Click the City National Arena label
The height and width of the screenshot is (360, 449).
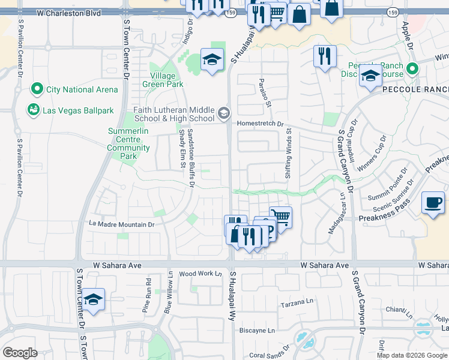pyautogui.click(x=78, y=90)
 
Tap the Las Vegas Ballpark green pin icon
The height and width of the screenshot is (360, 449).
pyautogui.click(x=33, y=110)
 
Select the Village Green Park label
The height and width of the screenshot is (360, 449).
pyautogui.click(x=163, y=80)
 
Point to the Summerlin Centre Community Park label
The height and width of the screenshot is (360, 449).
pyautogui.click(x=128, y=143)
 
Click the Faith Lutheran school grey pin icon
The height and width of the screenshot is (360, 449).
pyautogui.click(x=223, y=113)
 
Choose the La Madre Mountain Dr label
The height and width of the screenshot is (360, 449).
pyautogui.click(x=122, y=224)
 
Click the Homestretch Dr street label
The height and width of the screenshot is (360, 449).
pyautogui.click(x=260, y=124)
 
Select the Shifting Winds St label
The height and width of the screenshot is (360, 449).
pyautogui.click(x=289, y=155)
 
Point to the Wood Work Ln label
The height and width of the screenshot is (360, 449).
pyautogui.click(x=200, y=274)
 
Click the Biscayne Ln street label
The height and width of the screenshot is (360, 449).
pyautogui.click(x=257, y=330)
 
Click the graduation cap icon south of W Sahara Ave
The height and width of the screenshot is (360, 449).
pyautogui.click(x=94, y=299)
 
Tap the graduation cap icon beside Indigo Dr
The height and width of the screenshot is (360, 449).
pyautogui.click(x=211, y=59)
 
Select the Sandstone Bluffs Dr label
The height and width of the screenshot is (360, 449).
pyautogui.click(x=191, y=154)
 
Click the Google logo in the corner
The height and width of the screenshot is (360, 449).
pyautogui.click(x=20, y=353)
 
